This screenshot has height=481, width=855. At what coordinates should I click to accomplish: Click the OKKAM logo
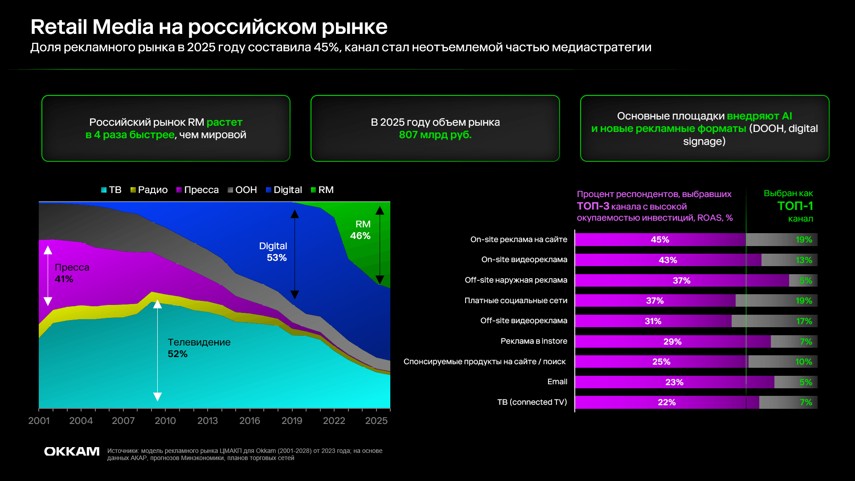(x=72, y=452)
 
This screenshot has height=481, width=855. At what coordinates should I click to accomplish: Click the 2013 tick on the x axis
(x=208, y=420)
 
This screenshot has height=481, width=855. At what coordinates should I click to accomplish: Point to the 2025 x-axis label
(x=376, y=420)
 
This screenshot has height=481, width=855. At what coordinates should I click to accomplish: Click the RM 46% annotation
(x=361, y=230)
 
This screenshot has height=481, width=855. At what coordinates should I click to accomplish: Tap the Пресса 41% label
(x=71, y=273)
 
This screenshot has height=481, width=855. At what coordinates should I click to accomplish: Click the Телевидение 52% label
(x=198, y=348)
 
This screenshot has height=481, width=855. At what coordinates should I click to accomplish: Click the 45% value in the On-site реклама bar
(x=660, y=240)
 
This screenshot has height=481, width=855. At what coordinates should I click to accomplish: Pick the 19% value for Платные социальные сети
(x=804, y=301)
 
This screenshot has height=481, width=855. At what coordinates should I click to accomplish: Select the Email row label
(x=557, y=382)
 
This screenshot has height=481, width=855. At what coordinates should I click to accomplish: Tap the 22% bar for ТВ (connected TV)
(x=667, y=403)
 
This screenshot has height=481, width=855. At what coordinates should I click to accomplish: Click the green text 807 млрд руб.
(x=435, y=135)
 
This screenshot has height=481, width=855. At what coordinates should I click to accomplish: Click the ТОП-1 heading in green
(x=795, y=206)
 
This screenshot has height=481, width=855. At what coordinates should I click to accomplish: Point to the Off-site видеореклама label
(x=524, y=321)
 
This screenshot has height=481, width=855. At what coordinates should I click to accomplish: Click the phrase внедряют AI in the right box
(x=759, y=116)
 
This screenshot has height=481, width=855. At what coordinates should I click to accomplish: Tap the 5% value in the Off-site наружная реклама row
(x=806, y=281)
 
